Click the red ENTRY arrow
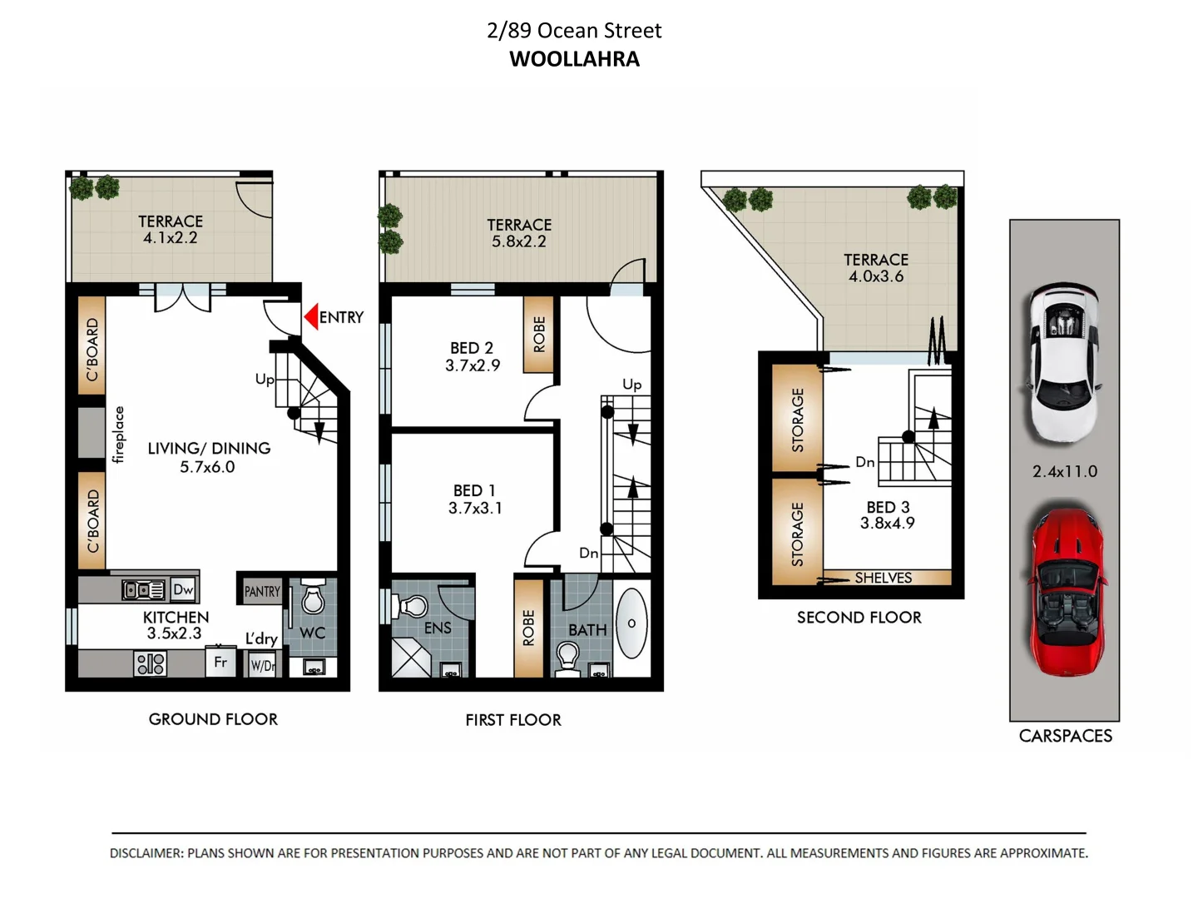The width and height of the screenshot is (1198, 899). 311,317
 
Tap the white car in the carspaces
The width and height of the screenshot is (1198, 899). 1063,365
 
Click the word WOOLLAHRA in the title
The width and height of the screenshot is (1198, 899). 574,59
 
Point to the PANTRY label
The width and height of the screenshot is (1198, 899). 262,591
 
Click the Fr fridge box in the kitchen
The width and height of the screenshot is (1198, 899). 220,663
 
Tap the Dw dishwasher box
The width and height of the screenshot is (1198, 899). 183,589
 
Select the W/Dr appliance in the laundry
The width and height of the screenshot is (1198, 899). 263,665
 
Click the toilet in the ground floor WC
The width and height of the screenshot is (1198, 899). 313,598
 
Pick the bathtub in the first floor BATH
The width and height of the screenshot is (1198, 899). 632,623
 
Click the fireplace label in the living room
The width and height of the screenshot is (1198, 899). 118,435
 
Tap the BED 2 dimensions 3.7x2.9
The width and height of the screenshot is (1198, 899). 473,365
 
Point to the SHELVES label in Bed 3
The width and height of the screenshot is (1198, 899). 883,578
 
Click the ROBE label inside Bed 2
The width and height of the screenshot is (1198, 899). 539,334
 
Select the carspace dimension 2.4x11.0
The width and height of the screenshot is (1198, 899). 1065,471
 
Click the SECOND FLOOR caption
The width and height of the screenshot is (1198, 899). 859,618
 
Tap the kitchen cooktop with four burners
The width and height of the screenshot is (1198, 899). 151,663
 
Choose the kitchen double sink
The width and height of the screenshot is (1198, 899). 144,589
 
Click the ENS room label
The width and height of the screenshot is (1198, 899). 438,628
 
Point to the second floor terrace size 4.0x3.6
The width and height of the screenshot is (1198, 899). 875,276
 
